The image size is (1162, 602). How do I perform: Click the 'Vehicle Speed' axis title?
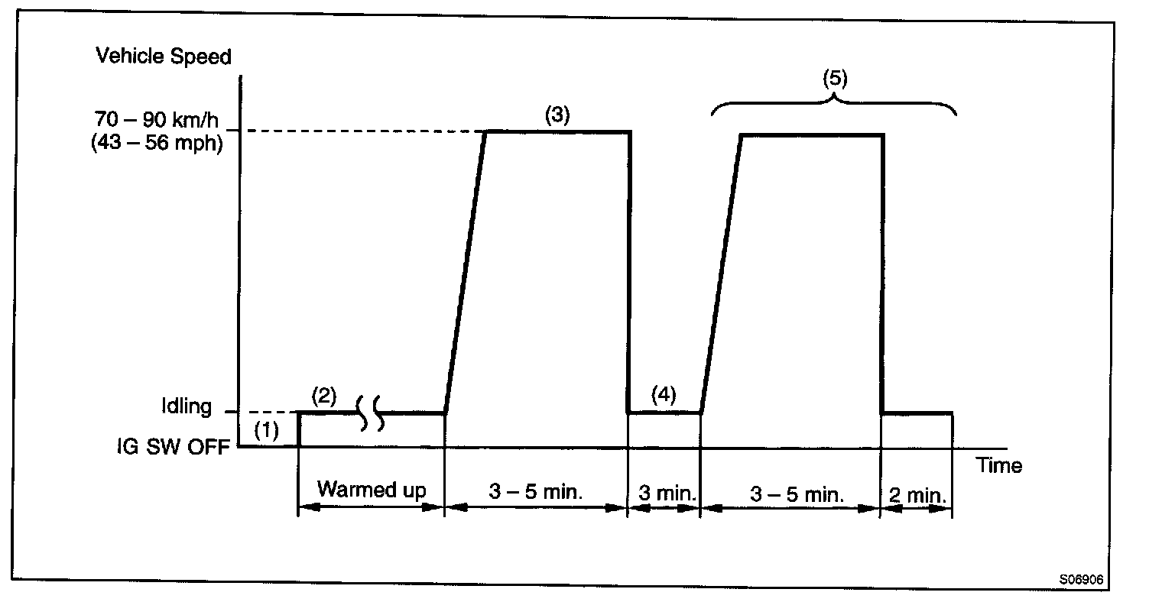(x=163, y=57)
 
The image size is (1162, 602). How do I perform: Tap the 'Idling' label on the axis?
(x=186, y=406)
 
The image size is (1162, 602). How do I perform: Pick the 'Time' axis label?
(x=998, y=465)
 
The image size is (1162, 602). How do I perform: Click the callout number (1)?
(x=267, y=431)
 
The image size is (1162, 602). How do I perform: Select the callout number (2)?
(x=324, y=396)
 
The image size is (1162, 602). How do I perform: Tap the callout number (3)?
(x=557, y=115)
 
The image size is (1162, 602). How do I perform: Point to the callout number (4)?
(x=664, y=395)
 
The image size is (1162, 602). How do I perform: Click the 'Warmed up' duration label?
(x=371, y=489)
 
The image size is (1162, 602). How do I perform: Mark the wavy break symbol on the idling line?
(x=370, y=413)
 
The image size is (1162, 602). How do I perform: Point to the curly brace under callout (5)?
(x=835, y=103)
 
